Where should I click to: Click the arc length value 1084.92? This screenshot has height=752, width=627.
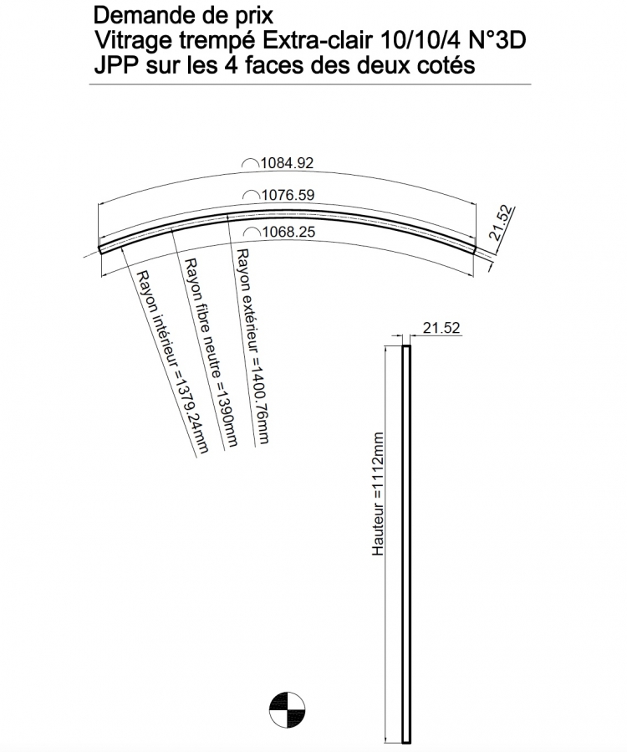click(287, 164)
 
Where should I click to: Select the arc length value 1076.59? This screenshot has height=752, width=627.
click(287, 195)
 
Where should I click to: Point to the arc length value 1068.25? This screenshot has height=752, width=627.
click(287, 233)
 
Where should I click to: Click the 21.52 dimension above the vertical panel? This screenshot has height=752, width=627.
click(441, 329)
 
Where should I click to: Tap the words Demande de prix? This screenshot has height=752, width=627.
click(183, 15)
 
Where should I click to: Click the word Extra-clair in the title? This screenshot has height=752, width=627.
click(324, 39)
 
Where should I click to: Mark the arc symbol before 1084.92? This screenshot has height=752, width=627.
click(249, 164)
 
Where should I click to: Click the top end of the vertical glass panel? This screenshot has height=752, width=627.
click(406, 347)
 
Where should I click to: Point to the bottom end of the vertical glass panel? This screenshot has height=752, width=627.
click(406, 741)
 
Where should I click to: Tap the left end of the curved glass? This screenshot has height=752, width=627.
click(100, 248)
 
